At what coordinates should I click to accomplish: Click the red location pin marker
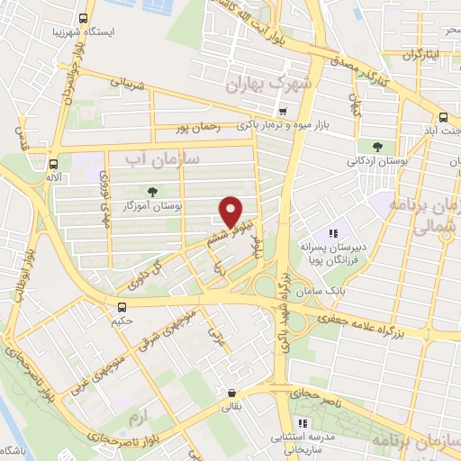tap(233, 211)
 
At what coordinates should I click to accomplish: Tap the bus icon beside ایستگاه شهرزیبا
tap(84, 18)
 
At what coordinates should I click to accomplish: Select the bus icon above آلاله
tap(55, 164)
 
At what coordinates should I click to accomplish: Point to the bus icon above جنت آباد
tap(444, 117)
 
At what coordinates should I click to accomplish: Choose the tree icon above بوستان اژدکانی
tap(376, 146)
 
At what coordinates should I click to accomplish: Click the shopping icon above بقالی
tap(233, 393)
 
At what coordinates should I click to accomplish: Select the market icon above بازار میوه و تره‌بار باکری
tap(285, 112)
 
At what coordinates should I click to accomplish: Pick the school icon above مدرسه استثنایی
tap(303, 422)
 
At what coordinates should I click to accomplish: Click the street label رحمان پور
tap(219, 127)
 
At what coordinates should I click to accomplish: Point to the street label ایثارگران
tap(422, 54)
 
